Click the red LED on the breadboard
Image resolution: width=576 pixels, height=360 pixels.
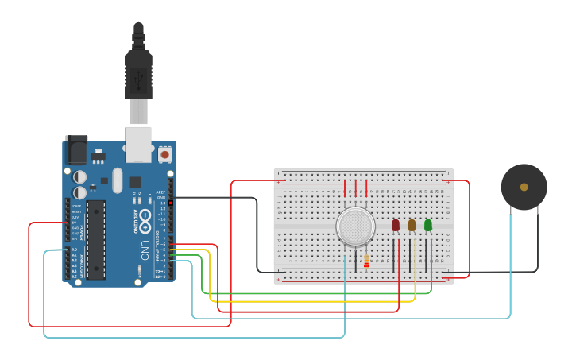click(396, 226)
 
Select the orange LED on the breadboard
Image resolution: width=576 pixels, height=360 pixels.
click(412, 226)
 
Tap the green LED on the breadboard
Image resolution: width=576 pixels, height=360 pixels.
click(428, 226)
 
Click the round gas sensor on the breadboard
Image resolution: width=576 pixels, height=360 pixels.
click(355, 226)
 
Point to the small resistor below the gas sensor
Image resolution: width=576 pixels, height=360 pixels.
click(365, 260)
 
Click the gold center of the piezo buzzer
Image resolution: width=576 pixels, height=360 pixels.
click(524, 188)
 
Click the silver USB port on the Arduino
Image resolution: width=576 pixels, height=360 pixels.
click(138, 140)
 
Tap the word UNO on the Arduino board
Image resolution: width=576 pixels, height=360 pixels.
click(145, 249)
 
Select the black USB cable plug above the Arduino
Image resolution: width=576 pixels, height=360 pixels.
click(138, 75)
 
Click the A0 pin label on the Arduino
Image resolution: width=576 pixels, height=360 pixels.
click(75, 250)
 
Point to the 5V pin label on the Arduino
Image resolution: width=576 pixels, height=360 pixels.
click(75, 223)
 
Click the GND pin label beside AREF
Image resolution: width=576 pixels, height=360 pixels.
click(161, 197)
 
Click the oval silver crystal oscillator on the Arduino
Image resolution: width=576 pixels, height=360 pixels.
click(118, 180)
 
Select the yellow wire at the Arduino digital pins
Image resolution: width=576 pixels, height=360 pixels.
click(191, 250)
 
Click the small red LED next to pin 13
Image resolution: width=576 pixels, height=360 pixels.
click(170, 203)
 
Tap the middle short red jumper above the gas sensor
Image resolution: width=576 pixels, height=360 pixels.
click(356, 188)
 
